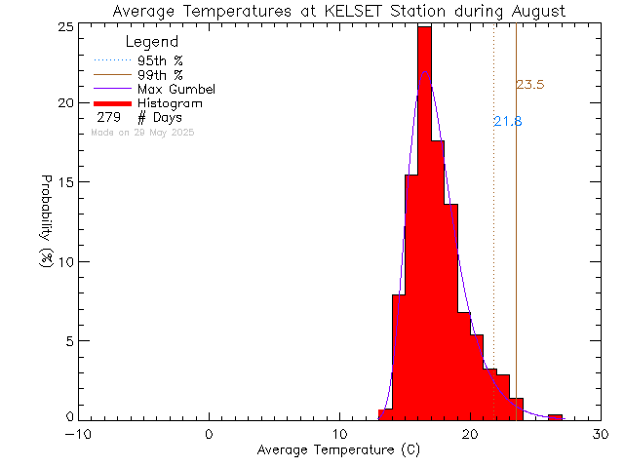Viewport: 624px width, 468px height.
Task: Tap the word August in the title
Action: pyautogui.click(x=534, y=12)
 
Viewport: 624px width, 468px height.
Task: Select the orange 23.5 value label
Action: pyautogui.click(x=529, y=85)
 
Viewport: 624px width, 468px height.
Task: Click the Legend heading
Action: pyautogui.click(x=153, y=43)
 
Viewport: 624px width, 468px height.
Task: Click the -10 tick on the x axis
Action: pyautogui.click(x=79, y=434)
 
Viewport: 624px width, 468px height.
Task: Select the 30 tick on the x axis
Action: pyautogui.click(x=601, y=434)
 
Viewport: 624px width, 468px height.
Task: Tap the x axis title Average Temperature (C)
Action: pyautogui.click(x=339, y=450)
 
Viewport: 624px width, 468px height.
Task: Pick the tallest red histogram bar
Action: pyautogui.click(x=424, y=224)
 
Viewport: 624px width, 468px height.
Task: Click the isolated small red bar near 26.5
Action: pyautogui.click(x=555, y=417)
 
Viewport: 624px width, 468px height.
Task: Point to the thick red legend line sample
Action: pyautogui.click(x=113, y=103)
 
